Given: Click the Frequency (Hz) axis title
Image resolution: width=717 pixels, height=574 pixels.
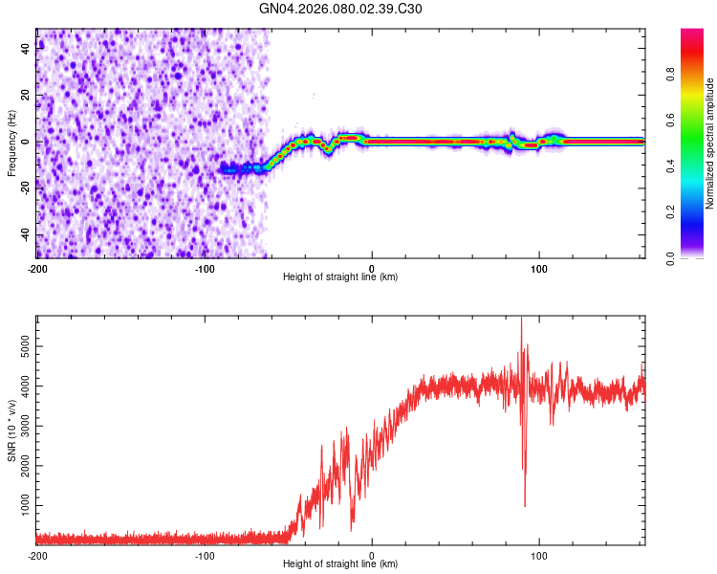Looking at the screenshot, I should click(x=11, y=143).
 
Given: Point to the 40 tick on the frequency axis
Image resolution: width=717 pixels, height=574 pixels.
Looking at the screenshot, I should click(x=26, y=49).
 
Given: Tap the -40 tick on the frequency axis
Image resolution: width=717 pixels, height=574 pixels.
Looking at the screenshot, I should click(x=24, y=234).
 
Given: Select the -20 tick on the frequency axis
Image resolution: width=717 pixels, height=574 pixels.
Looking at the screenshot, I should click(x=24, y=188).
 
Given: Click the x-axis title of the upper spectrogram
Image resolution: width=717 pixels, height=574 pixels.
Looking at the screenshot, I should click(x=340, y=277).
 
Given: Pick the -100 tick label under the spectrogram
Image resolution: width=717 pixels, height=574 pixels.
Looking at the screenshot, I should click(x=204, y=267).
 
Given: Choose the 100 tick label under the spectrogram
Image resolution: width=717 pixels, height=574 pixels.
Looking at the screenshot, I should click(x=539, y=267).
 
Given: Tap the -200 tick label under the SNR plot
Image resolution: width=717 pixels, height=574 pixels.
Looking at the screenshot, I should click(x=36, y=554).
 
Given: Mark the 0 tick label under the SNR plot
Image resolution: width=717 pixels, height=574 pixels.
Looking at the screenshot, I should click(x=372, y=554).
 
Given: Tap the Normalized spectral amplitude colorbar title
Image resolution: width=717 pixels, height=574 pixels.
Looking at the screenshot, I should click(x=709, y=143).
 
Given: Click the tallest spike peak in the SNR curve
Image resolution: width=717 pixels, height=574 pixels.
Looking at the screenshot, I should click(x=521, y=319).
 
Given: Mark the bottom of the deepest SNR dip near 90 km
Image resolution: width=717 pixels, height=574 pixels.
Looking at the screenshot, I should click(x=525, y=505).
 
